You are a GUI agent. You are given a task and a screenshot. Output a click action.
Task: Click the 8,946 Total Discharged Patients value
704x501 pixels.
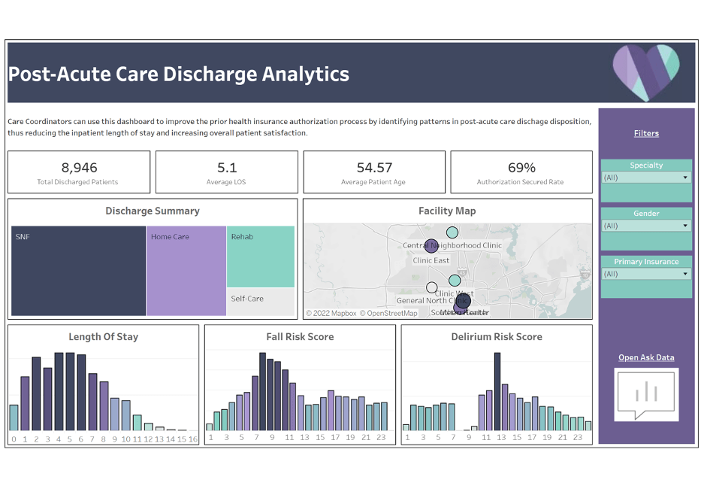[79, 168]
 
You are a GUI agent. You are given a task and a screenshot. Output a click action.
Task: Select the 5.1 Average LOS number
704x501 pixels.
[227, 168]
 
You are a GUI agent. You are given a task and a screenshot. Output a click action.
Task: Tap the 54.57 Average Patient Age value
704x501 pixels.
[374, 168]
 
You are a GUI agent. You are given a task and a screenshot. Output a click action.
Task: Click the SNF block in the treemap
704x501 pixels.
[78, 271]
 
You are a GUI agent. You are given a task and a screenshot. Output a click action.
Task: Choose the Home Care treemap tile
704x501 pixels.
[186, 271]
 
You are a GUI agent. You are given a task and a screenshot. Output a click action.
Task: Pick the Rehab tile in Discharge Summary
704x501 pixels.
[261, 257]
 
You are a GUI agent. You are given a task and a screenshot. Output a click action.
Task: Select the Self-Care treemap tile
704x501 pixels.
[261, 302]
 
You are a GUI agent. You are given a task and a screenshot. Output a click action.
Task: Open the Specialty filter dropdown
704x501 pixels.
[646, 178]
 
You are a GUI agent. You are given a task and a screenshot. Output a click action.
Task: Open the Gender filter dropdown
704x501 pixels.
[646, 226]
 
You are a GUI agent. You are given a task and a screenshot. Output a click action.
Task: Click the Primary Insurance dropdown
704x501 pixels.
[646, 274]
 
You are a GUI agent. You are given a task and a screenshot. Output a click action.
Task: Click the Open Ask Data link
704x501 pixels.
[646, 357]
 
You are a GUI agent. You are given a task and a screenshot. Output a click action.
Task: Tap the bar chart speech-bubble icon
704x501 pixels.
[646, 393]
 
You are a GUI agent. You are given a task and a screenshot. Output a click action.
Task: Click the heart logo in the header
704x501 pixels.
[645, 72]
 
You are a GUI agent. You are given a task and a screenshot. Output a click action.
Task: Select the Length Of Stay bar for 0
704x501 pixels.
[14, 417]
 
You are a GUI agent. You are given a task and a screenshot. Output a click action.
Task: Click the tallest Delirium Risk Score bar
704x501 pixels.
[497, 391]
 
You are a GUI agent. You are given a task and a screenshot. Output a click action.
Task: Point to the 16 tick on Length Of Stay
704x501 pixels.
[193, 439]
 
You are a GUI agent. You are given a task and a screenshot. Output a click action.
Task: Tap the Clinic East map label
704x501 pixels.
[431, 260]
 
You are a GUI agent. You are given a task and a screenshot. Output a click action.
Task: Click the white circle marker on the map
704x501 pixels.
[431, 287]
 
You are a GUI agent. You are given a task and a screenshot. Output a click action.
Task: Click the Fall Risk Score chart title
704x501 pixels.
[300, 337]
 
